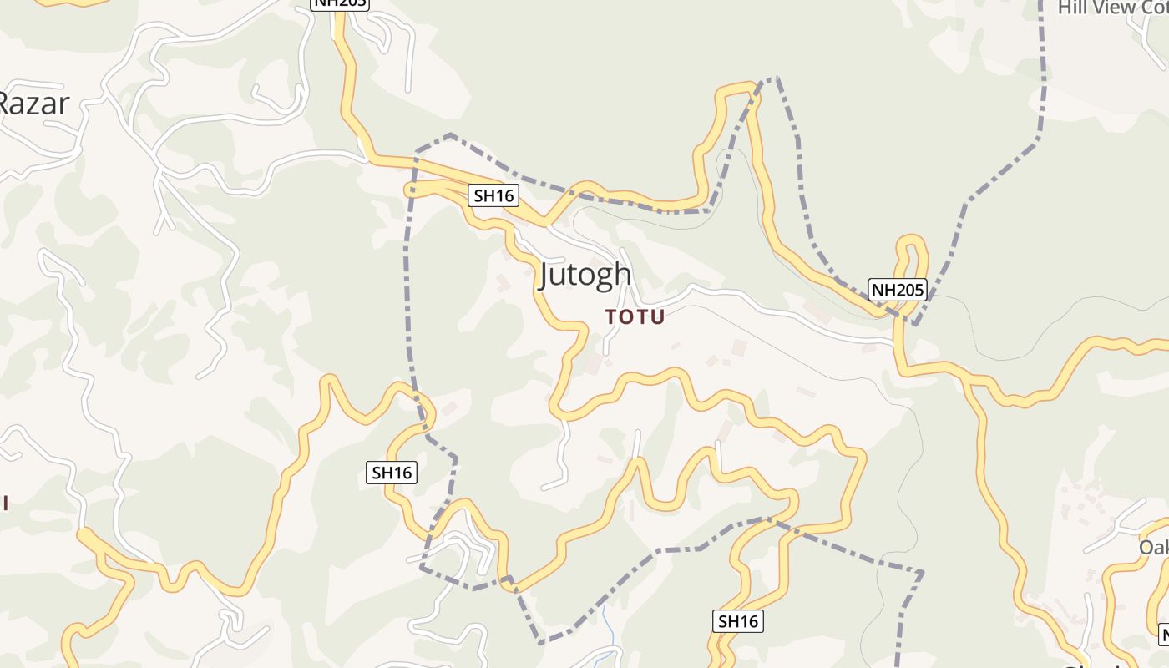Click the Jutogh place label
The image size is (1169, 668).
pos(584,274)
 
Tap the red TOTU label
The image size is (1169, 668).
pos(635,317)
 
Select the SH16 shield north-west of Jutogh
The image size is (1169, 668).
pos(493,196)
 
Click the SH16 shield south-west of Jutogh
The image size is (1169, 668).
pos(392,473)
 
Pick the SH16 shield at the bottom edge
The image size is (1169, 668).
pos(739,621)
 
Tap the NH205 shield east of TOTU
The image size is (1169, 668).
pos(898,290)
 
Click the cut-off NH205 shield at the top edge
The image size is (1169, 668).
pos(339,4)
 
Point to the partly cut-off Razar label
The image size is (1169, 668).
pos(33,104)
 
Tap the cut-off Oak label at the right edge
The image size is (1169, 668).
pos(1154,548)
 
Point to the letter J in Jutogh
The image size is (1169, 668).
pos(545,276)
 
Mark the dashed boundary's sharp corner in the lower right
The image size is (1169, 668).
pos(922,573)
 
